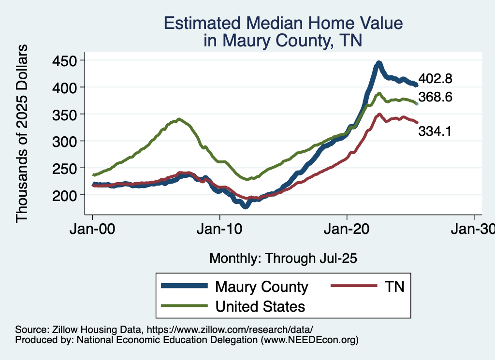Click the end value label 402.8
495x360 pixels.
435,79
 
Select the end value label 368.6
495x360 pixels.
435,98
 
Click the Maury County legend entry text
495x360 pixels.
262,287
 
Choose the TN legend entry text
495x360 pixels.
394,287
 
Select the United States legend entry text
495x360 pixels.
260,306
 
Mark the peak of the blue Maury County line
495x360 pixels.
379,63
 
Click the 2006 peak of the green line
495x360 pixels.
179,119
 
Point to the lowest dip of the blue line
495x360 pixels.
246,206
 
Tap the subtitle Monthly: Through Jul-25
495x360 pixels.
283,259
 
